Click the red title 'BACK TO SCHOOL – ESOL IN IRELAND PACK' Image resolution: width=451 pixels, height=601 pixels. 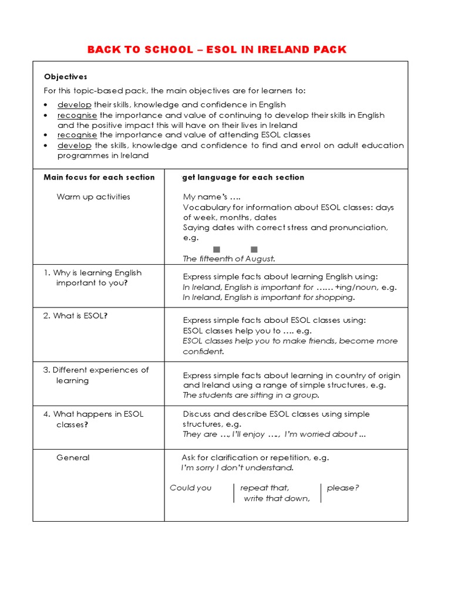click(x=217, y=49)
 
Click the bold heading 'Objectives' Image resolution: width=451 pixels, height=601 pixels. click(x=66, y=77)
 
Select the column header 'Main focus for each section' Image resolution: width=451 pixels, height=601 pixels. click(x=99, y=177)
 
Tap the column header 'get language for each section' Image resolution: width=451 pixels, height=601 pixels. click(x=244, y=177)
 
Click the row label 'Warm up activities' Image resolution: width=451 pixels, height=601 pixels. click(x=93, y=197)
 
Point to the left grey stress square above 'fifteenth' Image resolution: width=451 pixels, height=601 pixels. click(x=217, y=249)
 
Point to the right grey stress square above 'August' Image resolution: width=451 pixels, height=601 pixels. click(x=254, y=249)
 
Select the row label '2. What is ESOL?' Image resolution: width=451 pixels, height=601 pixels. click(x=76, y=316)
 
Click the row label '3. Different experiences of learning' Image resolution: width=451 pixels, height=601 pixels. click(x=97, y=375)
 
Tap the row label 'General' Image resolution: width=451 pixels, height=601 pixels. click(x=73, y=458)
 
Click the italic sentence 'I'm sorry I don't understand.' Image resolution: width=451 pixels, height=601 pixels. click(x=237, y=468)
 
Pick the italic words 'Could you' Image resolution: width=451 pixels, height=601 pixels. click(x=191, y=488)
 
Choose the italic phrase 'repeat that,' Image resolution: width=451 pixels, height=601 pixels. click(x=265, y=488)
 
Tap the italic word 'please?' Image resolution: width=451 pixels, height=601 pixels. click(x=343, y=488)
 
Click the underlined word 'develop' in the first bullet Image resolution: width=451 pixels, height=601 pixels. click(x=74, y=104)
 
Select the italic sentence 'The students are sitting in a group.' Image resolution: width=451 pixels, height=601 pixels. click(x=251, y=396)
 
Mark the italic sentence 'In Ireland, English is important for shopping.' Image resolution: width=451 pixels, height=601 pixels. click(x=269, y=298)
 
